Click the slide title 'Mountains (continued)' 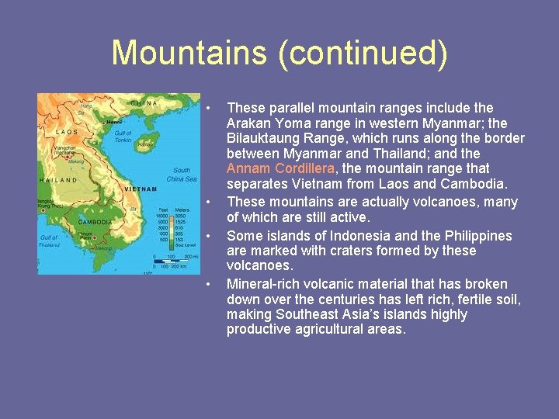tap(279, 53)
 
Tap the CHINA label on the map tap(144, 102)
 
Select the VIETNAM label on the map tap(141, 189)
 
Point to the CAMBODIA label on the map tap(92, 220)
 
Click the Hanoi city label tap(113, 122)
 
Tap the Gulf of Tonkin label tap(123, 137)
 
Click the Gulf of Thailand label tap(49, 241)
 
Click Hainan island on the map tap(145, 144)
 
